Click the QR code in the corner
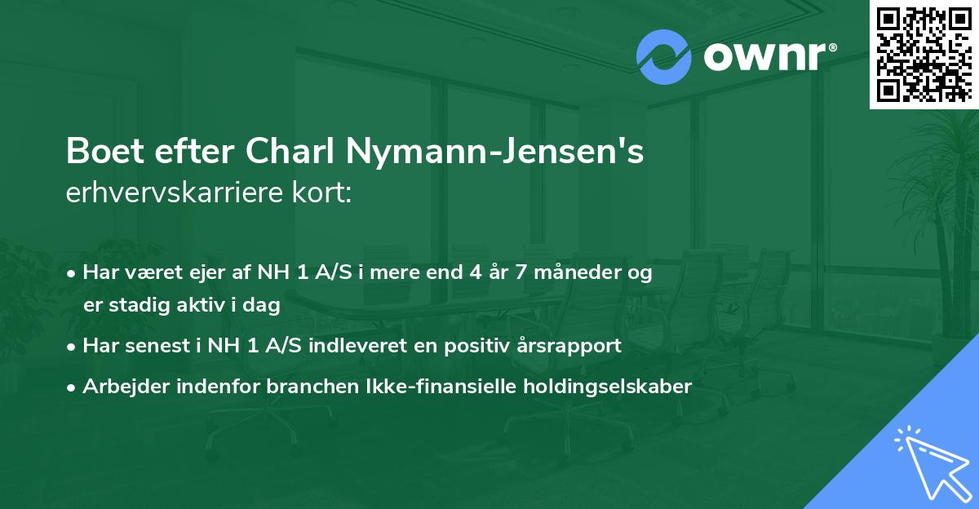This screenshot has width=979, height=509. coord(924,55)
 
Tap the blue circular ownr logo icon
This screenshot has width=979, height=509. coord(664,56)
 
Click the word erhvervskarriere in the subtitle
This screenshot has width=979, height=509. coord(166,193)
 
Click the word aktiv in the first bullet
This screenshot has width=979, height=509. coord(210,306)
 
